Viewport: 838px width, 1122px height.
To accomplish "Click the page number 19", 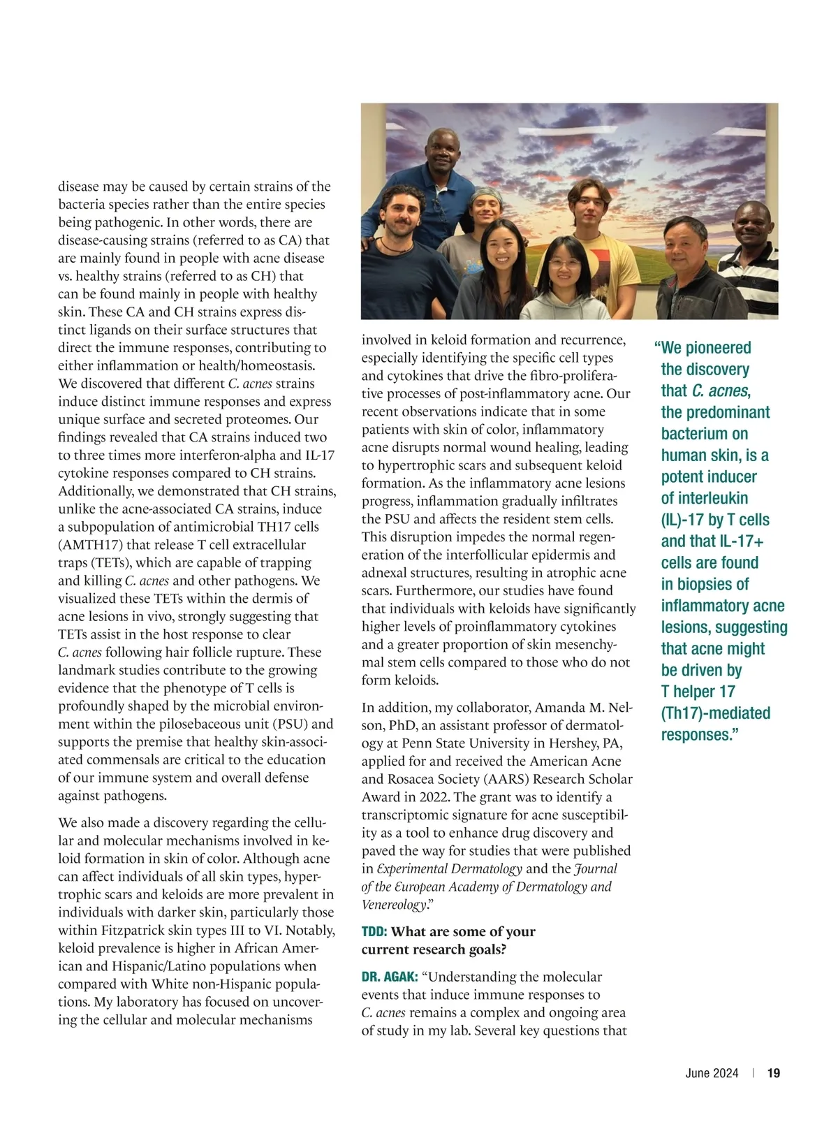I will pos(774,1073).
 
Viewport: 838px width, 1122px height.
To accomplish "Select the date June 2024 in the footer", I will pos(712,1073).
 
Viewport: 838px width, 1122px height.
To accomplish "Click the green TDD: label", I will pos(374,931).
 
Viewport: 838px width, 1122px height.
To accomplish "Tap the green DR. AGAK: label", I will pos(390,977).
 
